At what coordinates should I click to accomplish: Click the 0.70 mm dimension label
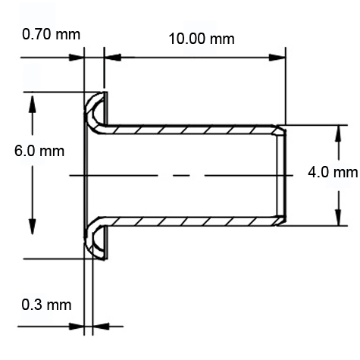click(52, 35)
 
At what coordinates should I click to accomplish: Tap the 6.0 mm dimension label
click(39, 150)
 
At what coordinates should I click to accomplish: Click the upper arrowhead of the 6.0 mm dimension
click(32, 100)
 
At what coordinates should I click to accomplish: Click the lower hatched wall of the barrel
click(189, 221)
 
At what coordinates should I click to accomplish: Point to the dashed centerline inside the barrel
click(182, 175)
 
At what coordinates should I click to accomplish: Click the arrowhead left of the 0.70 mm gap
click(77, 57)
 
